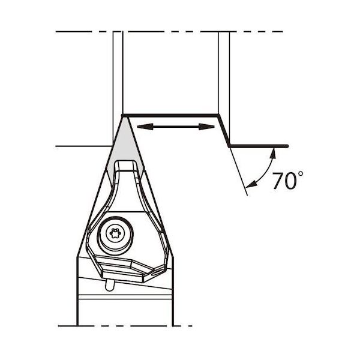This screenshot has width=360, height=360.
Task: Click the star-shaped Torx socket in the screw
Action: coord(115,234)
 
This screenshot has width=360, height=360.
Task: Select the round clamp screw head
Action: coord(115,234)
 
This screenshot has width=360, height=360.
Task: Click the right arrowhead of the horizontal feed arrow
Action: coord(206,127)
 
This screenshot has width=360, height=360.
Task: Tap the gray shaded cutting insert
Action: coord(125,147)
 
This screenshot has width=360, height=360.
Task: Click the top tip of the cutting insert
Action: coord(125,116)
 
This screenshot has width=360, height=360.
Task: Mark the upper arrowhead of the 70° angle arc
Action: coord(273,154)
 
